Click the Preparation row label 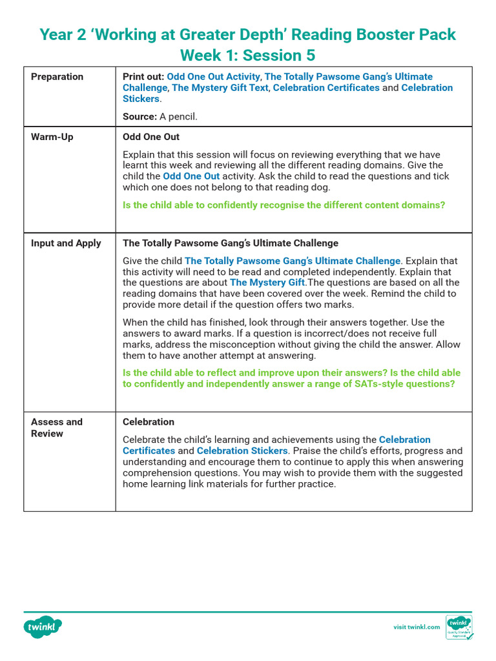(57, 77)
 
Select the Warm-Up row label (52, 137)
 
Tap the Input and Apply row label (66, 243)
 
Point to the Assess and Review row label (57, 427)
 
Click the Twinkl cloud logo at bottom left (43, 627)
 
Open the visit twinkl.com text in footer (417, 627)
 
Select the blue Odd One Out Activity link (213, 77)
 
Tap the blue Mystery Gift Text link (220, 88)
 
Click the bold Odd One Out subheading (151, 137)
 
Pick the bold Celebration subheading (149, 422)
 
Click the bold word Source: (139, 117)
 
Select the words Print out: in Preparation (143, 77)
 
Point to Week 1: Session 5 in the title (247, 55)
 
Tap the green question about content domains (284, 205)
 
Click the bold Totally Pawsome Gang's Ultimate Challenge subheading (230, 243)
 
